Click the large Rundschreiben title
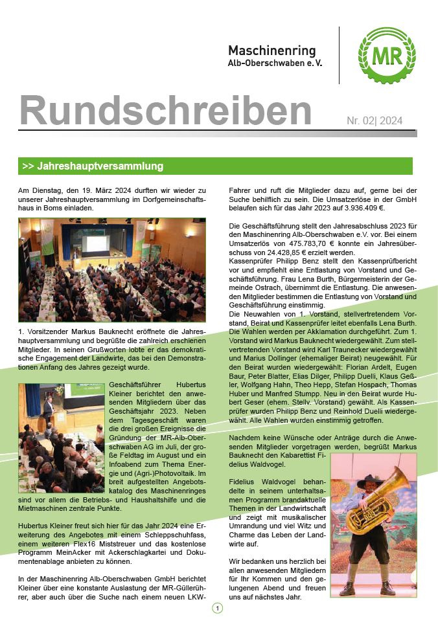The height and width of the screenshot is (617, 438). coord(166,110)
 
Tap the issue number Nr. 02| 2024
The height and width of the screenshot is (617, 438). coord(375,120)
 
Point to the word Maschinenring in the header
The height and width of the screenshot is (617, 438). coord(271,50)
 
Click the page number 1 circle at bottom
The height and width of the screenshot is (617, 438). coord(217,608)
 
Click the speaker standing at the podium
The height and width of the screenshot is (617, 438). coord(47,409)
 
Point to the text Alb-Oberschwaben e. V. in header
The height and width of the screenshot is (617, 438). coord(275,63)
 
